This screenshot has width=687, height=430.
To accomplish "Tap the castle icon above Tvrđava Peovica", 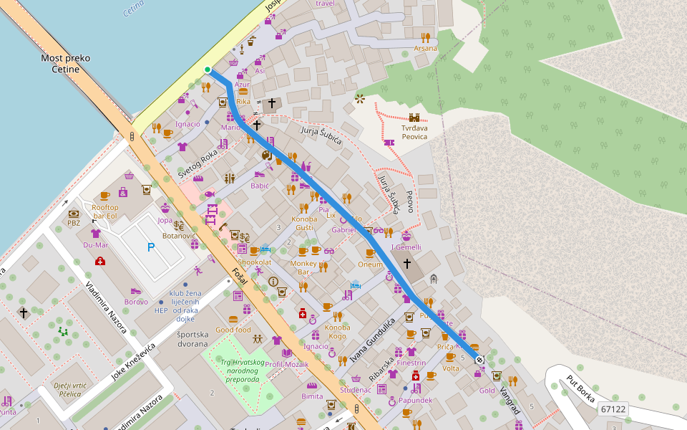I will [414, 118].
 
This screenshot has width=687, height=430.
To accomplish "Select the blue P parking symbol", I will [150, 247].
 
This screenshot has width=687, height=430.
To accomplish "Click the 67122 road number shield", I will [613, 409].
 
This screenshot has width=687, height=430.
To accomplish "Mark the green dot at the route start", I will [208, 70].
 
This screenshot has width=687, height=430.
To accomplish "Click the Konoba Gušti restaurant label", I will [305, 223].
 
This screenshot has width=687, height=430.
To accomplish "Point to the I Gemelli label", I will [406, 247].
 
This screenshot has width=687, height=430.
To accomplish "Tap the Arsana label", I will [425, 49].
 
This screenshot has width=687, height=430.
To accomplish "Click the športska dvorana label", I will [196, 339].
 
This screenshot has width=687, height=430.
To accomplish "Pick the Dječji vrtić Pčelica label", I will [72, 389].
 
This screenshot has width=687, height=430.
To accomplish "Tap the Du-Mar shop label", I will [96, 244].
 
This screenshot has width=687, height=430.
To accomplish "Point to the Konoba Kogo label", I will [336, 332].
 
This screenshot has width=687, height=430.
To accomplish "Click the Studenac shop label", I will [356, 390].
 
